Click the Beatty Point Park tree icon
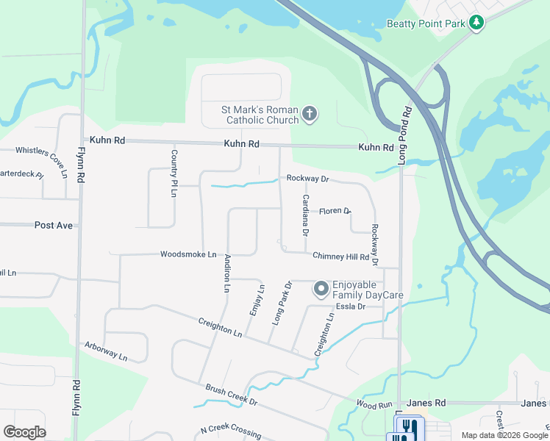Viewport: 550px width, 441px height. (476, 23)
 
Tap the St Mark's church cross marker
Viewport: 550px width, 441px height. (310, 114)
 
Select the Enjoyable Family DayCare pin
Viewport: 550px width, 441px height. (321, 290)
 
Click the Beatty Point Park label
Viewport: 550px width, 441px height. (426, 24)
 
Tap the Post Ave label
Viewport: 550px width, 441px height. (54, 225)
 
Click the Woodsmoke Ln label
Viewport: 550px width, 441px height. (188, 254)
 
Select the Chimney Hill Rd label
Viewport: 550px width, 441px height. (340, 257)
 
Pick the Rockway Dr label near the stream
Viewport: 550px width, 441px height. (307, 179)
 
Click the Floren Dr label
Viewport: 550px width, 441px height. (335, 211)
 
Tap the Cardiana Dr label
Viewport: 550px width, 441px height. (305, 215)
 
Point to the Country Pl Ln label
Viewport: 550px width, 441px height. (174, 173)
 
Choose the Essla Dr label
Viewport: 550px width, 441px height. (351, 306)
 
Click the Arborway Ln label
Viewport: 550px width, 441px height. (106, 352)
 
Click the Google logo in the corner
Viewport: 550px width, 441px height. (25, 432)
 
